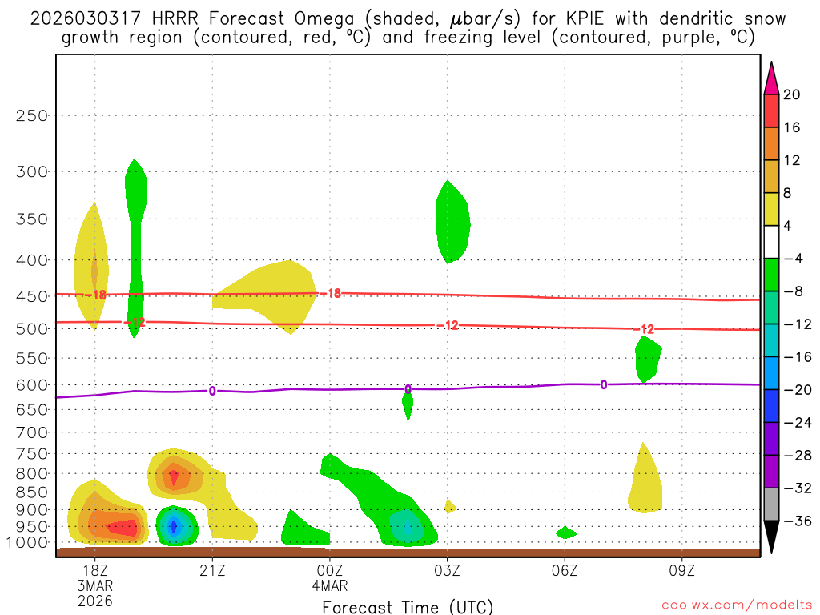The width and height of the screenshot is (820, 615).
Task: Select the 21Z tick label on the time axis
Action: pyautogui.click(x=212, y=569)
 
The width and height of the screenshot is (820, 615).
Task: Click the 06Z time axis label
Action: pyautogui.click(x=565, y=569)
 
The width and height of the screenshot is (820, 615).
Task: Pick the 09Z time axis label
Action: pyautogui.click(x=682, y=569)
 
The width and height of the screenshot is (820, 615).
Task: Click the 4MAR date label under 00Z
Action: pyautogui.click(x=330, y=585)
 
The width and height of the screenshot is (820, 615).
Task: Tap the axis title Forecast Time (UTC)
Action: pyautogui.click(x=408, y=606)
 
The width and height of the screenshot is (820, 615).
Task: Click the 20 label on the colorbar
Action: pyautogui.click(x=792, y=94)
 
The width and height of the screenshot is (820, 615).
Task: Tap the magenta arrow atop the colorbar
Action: pyautogui.click(x=771, y=78)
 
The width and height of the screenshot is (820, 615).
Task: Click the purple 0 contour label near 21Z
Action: pyautogui.click(x=212, y=391)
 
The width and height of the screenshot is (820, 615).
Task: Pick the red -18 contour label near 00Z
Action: pyautogui.click(x=332, y=294)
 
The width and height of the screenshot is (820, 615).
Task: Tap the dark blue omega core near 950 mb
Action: pyautogui.click(x=174, y=526)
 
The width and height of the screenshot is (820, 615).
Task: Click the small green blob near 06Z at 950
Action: pyautogui.click(x=565, y=533)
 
